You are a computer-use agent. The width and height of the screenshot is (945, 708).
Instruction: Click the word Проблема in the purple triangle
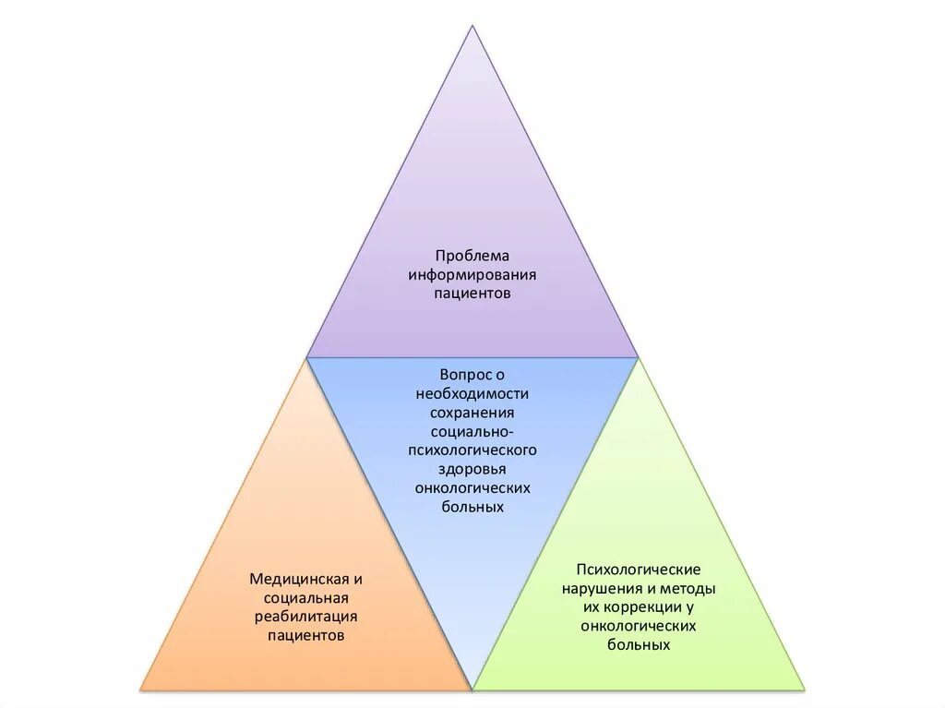pyautogui.click(x=472, y=255)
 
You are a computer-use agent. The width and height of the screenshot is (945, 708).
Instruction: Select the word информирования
pyautogui.click(x=472, y=274)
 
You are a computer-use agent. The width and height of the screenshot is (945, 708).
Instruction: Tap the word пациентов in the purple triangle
pyautogui.click(x=472, y=293)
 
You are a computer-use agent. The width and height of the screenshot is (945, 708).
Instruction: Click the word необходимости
pyautogui.click(x=472, y=393)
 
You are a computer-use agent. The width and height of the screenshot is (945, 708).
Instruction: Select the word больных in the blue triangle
pyautogui.click(x=472, y=507)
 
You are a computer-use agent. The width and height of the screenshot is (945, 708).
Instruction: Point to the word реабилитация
pyautogui.click(x=306, y=617)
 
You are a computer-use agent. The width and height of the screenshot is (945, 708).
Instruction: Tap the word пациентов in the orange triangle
pyautogui.click(x=306, y=635)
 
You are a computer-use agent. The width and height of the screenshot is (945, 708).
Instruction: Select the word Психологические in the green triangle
pyautogui.click(x=639, y=569)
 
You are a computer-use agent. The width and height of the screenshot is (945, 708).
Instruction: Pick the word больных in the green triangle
pyautogui.click(x=639, y=644)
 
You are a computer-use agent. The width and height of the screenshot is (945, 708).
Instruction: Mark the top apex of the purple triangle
pyautogui.click(x=472, y=25)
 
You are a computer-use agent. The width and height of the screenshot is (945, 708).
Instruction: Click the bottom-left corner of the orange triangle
pyautogui.click(x=141, y=689)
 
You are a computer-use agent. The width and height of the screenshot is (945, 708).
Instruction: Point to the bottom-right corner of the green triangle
pyautogui.click(x=804, y=689)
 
